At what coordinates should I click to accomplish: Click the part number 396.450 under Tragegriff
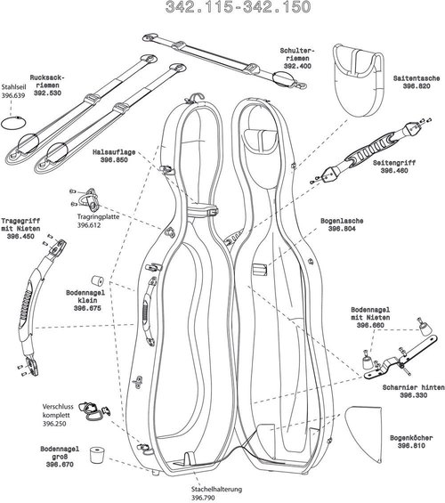pyautogui.click(x=23, y=238)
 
